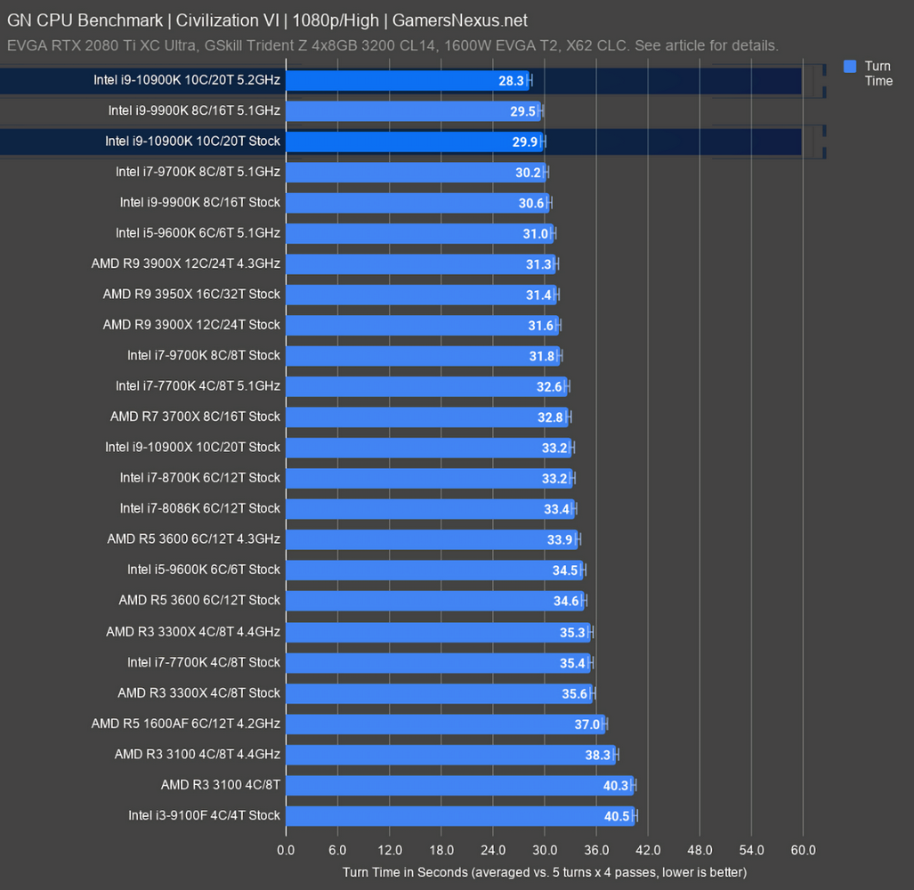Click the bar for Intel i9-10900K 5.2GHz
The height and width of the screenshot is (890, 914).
pyautogui.click(x=407, y=80)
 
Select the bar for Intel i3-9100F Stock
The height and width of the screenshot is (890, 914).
pyautogui.click(x=459, y=815)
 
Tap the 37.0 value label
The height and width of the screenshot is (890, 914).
pyautogui.click(x=587, y=724)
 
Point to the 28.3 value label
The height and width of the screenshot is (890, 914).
pyautogui.click(x=511, y=80)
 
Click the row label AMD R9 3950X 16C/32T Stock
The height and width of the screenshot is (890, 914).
pyautogui.click(x=191, y=294)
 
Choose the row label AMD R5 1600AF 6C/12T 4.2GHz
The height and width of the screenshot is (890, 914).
pyautogui.click(x=185, y=724)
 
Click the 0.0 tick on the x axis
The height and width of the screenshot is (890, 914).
pyautogui.click(x=286, y=850)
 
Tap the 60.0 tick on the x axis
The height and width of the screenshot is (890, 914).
pyautogui.click(x=803, y=850)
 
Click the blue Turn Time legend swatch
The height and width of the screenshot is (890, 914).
pyautogui.click(x=850, y=66)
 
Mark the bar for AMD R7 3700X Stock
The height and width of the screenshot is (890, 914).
pyautogui.click(x=427, y=417)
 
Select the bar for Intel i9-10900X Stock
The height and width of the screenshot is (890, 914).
pyautogui.click(x=429, y=447)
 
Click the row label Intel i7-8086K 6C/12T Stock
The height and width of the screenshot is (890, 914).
pyautogui.click(x=200, y=508)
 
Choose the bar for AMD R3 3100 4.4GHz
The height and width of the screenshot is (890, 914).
pyautogui.click(x=450, y=755)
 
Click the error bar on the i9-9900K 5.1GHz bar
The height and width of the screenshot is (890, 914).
pyautogui.click(x=540, y=111)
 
